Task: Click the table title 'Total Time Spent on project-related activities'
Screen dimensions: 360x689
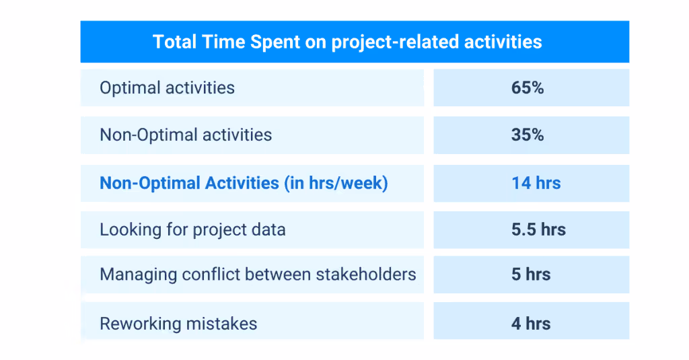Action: [347, 42]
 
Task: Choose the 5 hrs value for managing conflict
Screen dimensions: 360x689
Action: [531, 274]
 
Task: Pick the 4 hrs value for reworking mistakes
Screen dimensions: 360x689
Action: [531, 323]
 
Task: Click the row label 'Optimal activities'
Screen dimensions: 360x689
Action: [167, 87]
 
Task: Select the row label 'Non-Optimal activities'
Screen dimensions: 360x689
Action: [186, 135]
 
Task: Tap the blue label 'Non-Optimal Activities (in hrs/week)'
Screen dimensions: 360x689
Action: [244, 183]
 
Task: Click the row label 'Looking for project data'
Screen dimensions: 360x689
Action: [192, 229]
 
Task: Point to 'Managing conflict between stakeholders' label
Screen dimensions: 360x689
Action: [258, 274]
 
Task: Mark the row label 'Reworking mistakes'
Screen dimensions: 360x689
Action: [178, 324]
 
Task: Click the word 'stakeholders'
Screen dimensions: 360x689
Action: [371, 274]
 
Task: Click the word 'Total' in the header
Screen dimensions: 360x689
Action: [174, 42]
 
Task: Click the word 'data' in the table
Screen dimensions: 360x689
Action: [268, 229]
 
